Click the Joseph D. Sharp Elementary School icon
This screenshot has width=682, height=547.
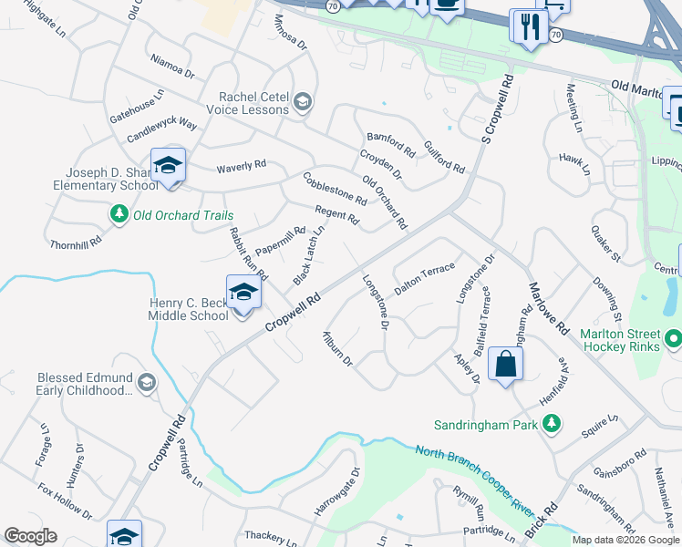[168, 166]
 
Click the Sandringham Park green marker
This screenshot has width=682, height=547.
[551, 424]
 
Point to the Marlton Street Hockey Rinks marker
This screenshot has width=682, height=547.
[673, 340]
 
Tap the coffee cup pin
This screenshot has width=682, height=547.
[446, 5]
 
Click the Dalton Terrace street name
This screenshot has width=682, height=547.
[424, 278]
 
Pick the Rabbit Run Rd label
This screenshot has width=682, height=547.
[248, 253]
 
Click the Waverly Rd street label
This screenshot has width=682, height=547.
[241, 165]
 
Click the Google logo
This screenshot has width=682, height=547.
[31, 536]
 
